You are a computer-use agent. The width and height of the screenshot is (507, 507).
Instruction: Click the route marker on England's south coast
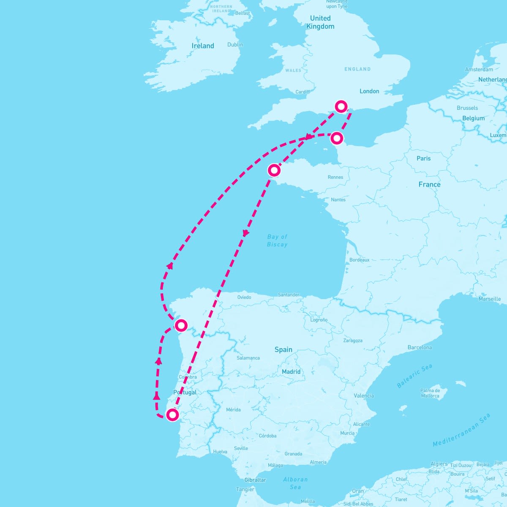[x=341, y=106]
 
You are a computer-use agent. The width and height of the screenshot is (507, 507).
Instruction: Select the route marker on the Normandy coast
[x=337, y=138]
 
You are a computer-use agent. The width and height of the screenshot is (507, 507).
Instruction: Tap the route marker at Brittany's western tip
[x=274, y=170]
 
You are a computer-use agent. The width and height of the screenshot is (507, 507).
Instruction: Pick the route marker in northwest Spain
[x=181, y=325]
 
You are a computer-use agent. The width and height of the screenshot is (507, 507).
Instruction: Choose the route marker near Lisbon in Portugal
[x=172, y=415]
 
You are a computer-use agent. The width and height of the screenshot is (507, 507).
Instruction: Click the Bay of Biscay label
[x=277, y=240]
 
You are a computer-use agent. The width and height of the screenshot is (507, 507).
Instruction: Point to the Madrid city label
[x=291, y=372]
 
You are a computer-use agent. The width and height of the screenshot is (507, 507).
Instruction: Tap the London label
[x=369, y=91]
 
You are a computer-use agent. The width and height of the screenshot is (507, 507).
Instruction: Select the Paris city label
[x=423, y=158]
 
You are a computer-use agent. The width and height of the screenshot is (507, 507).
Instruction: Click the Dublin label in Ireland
[x=235, y=45]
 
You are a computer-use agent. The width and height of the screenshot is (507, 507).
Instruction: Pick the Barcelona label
[x=420, y=347]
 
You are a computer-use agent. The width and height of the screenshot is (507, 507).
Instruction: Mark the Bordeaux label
[x=360, y=260]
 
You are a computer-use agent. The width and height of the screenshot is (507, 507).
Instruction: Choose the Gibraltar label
[x=255, y=480]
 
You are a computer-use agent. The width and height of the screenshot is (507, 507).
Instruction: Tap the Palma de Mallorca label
[x=430, y=393]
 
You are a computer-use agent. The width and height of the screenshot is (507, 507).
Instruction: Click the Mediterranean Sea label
[x=461, y=430]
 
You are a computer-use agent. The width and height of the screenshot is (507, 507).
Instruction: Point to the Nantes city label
[x=338, y=199]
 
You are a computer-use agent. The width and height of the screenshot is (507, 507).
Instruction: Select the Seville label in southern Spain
[x=241, y=448]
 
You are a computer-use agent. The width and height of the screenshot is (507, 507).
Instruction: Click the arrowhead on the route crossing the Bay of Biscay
[x=245, y=233]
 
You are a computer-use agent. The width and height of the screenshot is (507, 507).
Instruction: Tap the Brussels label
[x=467, y=108]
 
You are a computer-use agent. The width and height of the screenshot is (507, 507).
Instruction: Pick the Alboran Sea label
[x=295, y=483]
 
